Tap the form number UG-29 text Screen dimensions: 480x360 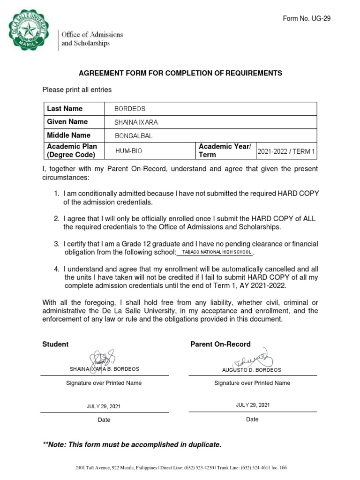(x=307, y=18)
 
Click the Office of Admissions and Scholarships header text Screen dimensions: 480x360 (x=92, y=39)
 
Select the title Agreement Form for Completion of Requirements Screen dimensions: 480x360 (x=180, y=73)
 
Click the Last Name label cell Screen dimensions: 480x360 (x=65, y=109)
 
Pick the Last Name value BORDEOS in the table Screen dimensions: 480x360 (x=130, y=109)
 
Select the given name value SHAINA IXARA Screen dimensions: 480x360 (x=136, y=122)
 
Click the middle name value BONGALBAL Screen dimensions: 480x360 (x=134, y=136)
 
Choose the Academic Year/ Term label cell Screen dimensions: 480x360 (x=225, y=150)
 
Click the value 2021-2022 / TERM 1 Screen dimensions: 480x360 (x=286, y=152)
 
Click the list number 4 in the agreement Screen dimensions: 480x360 (x=56, y=269)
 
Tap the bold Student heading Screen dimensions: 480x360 (x=55, y=344)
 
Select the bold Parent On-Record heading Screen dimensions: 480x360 (x=220, y=344)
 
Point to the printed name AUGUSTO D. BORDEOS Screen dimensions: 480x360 (x=252, y=370)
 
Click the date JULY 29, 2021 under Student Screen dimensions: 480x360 (x=104, y=406)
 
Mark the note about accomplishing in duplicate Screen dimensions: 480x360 (x=132, y=444)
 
